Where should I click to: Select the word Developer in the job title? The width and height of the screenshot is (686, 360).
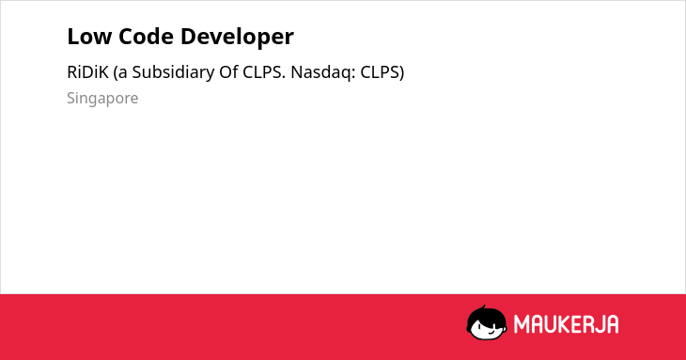tap(237, 38)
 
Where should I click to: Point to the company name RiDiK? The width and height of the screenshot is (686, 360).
tap(87, 72)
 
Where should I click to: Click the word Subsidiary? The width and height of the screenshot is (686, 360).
tap(173, 72)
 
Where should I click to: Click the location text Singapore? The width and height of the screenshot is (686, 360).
tap(102, 99)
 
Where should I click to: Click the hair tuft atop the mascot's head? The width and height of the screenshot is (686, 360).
tap(483, 307)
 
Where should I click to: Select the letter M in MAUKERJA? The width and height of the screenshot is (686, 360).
tap(522, 324)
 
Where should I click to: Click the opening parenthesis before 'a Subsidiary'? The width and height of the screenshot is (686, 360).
tap(116, 73)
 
